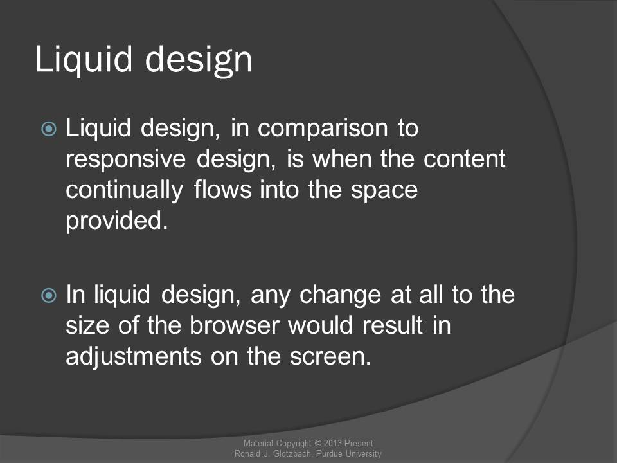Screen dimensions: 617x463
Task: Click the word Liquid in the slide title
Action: pyautogui.click(x=84, y=59)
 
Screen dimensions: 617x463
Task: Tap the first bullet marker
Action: pyautogui.click(x=49, y=129)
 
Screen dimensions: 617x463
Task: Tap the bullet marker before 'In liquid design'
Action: pyautogui.click(x=49, y=295)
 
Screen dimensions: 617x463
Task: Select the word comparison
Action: pyautogui.click(x=323, y=129)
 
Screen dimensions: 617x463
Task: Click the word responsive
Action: pyautogui.click(x=125, y=160)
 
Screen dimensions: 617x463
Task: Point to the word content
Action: pyautogui.click(x=464, y=159)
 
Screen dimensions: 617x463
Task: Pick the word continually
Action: pyautogui.click(x=124, y=190)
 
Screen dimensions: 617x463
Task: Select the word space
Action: pyautogui.click(x=384, y=191)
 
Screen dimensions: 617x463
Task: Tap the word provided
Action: pyautogui.click(x=116, y=221)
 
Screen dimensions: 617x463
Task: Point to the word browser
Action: pyautogui.click(x=235, y=325)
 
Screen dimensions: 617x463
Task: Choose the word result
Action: pyautogui.click(x=393, y=325)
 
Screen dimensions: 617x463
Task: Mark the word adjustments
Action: pyautogui.click(x=134, y=357)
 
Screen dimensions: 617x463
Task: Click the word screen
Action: pyautogui.click(x=330, y=357)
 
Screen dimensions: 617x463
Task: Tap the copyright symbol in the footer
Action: pyautogui.click(x=317, y=443)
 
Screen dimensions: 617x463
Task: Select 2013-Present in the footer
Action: pyautogui.click(x=348, y=443)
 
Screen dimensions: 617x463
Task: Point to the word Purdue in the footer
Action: pyautogui.click(x=329, y=453)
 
